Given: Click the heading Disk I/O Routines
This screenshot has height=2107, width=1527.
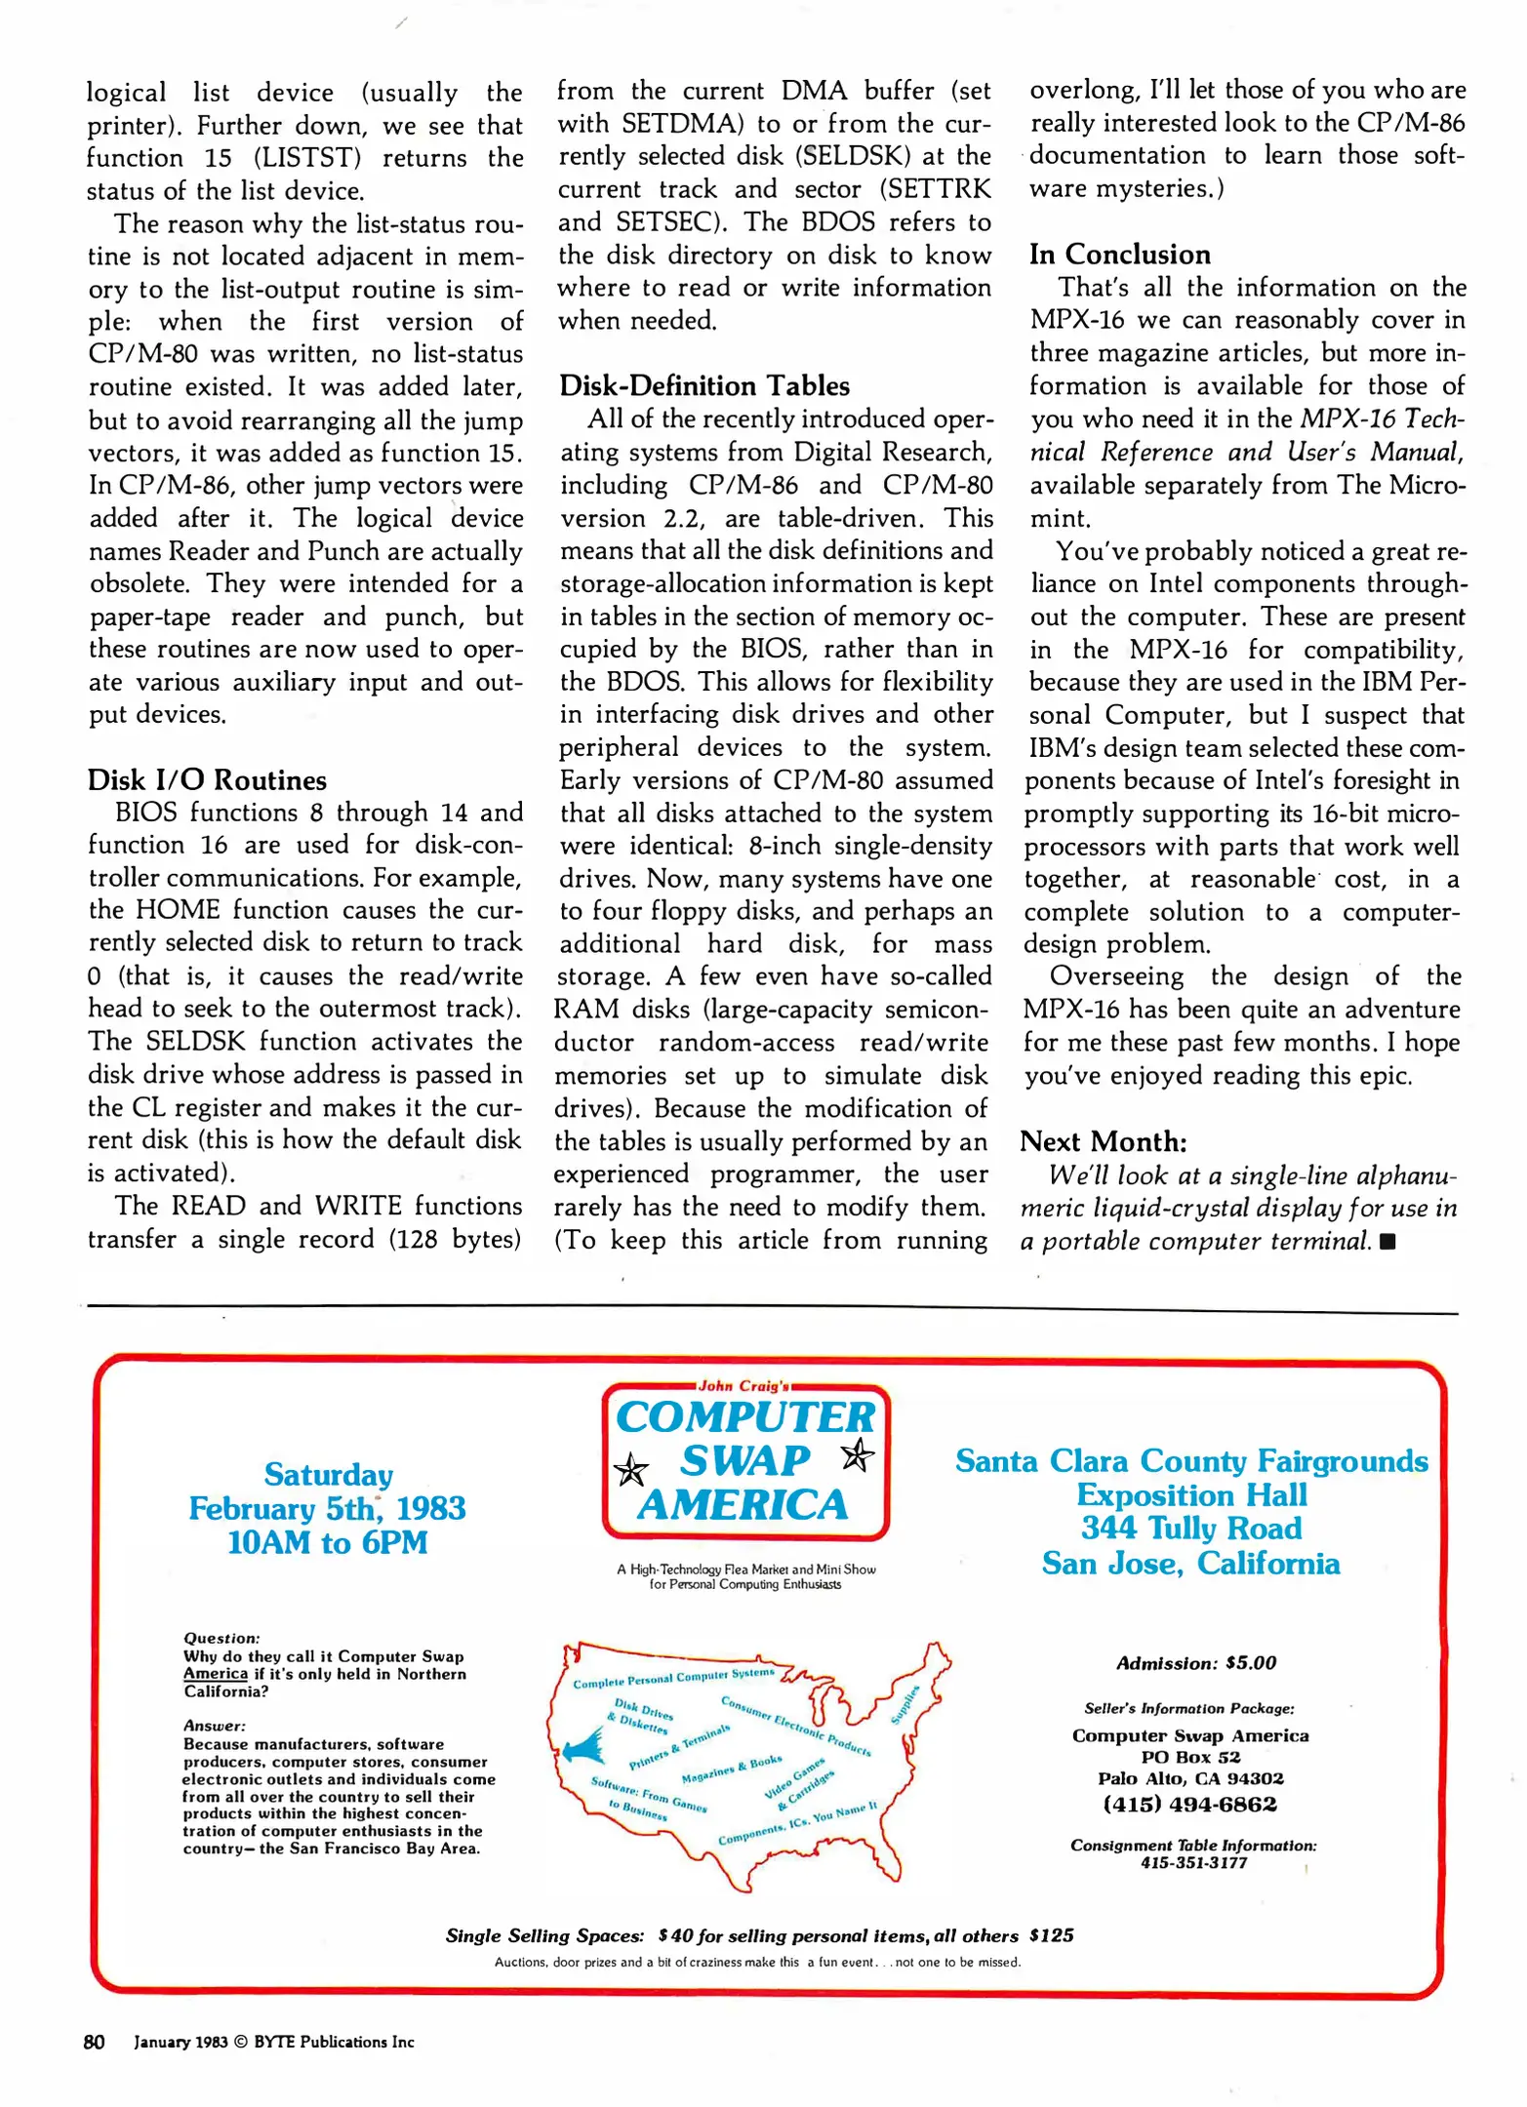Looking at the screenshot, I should pyautogui.click(x=207, y=779).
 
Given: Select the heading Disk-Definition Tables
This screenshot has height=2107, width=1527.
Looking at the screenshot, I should pyautogui.click(x=703, y=385).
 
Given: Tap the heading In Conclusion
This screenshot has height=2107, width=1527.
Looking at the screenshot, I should pyautogui.click(x=1119, y=254).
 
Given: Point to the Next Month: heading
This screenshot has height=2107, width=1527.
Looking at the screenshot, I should pyautogui.click(x=1103, y=1141).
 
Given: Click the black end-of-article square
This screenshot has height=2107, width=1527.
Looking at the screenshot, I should pyautogui.click(x=1388, y=1242).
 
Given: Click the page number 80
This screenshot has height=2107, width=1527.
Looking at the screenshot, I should pyautogui.click(x=94, y=2042).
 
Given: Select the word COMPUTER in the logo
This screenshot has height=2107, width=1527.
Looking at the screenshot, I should pyautogui.click(x=745, y=1417).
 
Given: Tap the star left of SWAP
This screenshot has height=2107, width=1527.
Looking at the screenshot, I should pyautogui.click(x=631, y=1469).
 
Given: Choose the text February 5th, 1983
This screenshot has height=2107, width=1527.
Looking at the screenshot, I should pyautogui.click(x=327, y=1508).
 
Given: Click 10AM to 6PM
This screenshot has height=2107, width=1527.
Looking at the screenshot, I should pyautogui.click(x=327, y=1542).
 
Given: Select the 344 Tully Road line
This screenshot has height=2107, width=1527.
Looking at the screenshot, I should pyautogui.click(x=1190, y=1528).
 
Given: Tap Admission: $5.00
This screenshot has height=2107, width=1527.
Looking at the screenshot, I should pyautogui.click(x=1195, y=1663).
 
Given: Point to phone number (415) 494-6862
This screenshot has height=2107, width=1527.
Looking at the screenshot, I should pyautogui.click(x=1189, y=1804).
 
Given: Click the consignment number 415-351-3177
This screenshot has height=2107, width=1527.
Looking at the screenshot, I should pyautogui.click(x=1193, y=1862).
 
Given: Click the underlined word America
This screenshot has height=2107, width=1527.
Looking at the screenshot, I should pyautogui.click(x=215, y=1674).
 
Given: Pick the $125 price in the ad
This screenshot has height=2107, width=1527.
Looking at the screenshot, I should pyautogui.click(x=1051, y=1935).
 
